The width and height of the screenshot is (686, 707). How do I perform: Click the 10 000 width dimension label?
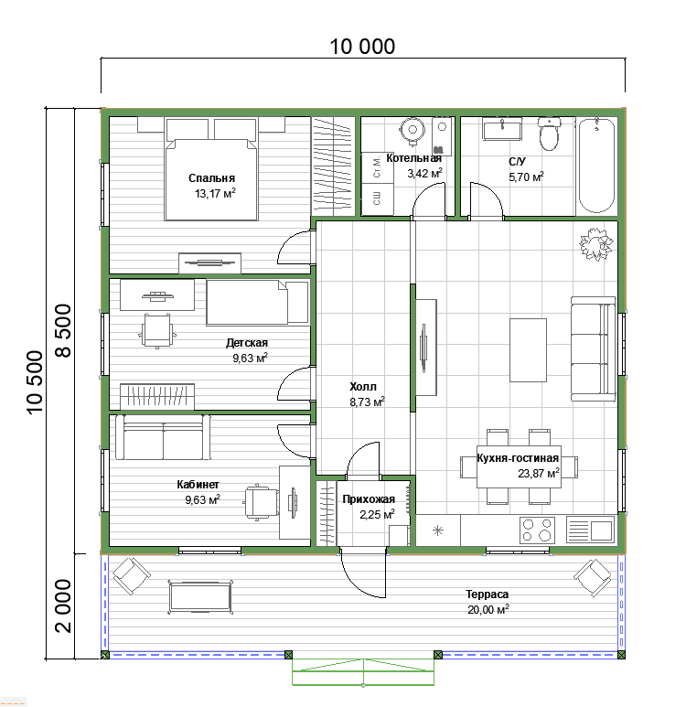pyautogui.click(x=362, y=47)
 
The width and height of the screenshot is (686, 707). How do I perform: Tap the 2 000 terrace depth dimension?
pyautogui.click(x=63, y=605)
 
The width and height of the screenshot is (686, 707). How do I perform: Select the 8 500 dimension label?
pyautogui.click(x=63, y=330)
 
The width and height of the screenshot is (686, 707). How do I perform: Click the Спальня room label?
pyautogui.click(x=211, y=178)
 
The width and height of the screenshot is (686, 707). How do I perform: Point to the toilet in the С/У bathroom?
pyautogui.click(x=549, y=134)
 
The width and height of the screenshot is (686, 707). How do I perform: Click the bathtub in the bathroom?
pyautogui.click(x=596, y=166)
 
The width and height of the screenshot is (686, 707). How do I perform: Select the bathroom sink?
pyautogui.click(x=502, y=129)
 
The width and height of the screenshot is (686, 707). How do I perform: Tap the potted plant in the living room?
pyautogui.click(x=596, y=244)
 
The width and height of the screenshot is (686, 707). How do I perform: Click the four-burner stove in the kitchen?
pyautogui.click(x=537, y=530)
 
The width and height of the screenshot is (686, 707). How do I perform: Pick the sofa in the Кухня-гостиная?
pyautogui.click(x=593, y=348)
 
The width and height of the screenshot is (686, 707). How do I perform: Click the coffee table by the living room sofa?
pyautogui.click(x=528, y=350)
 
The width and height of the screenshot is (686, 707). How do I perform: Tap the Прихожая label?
pyautogui.click(x=369, y=499)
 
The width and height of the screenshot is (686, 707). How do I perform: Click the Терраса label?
pyautogui.click(x=488, y=595)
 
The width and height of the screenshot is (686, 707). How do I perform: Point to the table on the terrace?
pyautogui.click(x=200, y=597)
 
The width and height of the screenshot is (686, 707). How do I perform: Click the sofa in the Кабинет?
pyautogui.click(x=163, y=437)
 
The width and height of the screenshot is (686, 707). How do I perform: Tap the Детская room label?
pyautogui.click(x=247, y=343)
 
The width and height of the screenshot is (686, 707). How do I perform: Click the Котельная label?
pyautogui.click(x=413, y=158)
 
